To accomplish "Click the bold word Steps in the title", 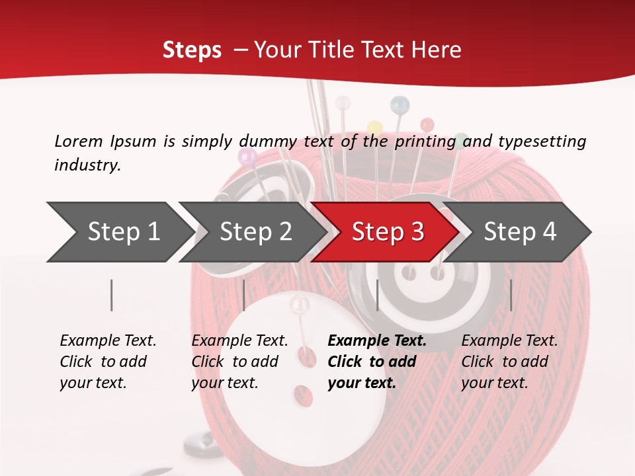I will (192, 50).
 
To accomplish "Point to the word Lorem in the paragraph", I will (79, 141).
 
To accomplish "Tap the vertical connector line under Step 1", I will (112, 295).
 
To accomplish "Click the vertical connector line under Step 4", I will (511, 295).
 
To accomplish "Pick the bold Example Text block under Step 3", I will (376, 362).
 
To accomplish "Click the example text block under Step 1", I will (108, 362).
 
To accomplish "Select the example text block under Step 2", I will (239, 362).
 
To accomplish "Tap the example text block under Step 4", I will (509, 362).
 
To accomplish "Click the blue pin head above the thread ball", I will (400, 103).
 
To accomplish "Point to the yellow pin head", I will (375, 126).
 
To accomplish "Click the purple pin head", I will (247, 156).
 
